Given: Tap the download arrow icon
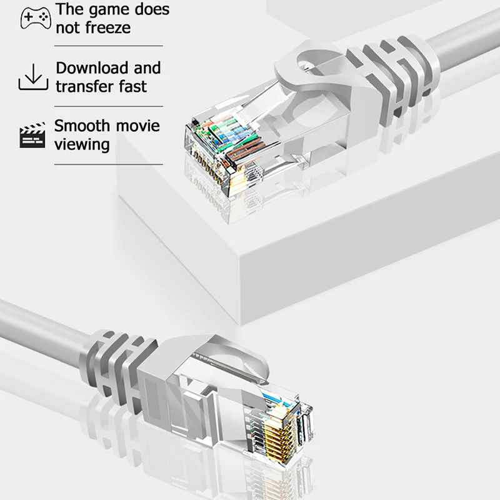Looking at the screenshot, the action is (x=33, y=77).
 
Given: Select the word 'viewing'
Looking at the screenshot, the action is (x=82, y=144).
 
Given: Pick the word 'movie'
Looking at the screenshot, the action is (x=139, y=126).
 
